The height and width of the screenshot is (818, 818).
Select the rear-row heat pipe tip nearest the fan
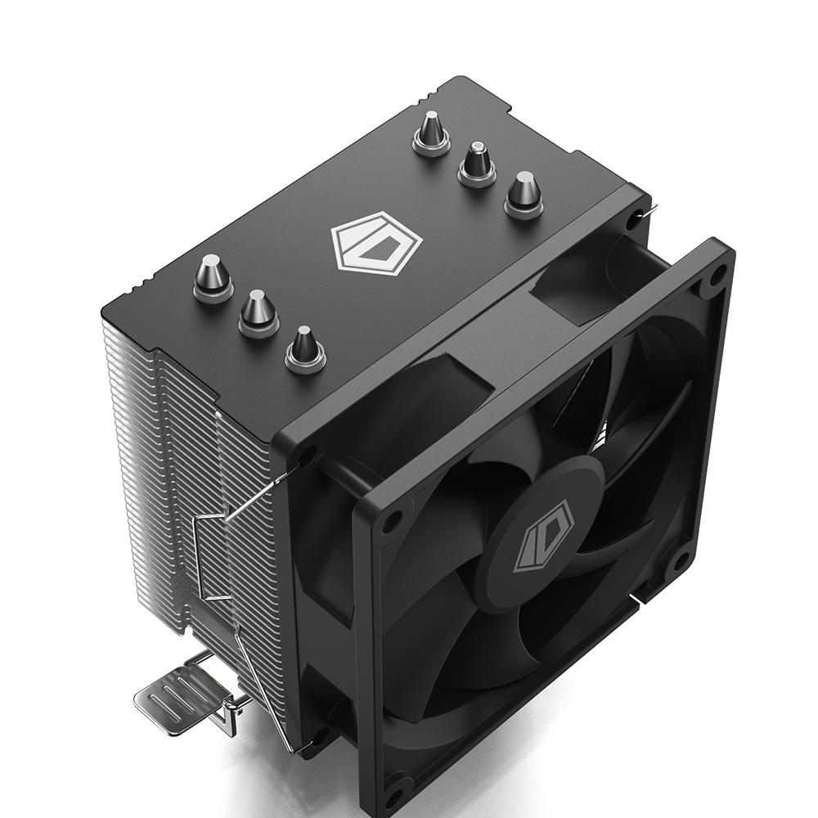523,193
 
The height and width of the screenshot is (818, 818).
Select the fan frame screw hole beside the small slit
678,563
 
